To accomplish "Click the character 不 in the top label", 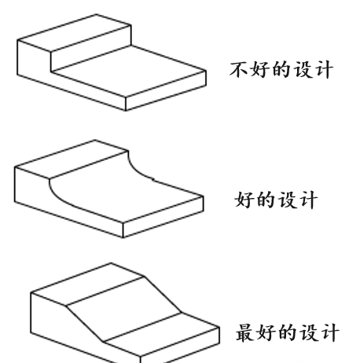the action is (x=238, y=70).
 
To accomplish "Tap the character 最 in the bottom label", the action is (x=244, y=333).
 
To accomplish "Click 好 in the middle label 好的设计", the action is (x=244, y=200).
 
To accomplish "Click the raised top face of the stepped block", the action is (x=75, y=32).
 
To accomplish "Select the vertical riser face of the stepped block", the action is (x=90, y=58).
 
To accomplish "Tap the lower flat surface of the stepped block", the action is (x=128, y=71).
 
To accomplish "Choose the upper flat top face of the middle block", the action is (x=72, y=159).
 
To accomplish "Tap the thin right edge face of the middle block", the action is (x=163, y=217).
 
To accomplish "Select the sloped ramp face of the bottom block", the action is (x=123, y=309).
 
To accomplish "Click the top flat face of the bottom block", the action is (x=87, y=284).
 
